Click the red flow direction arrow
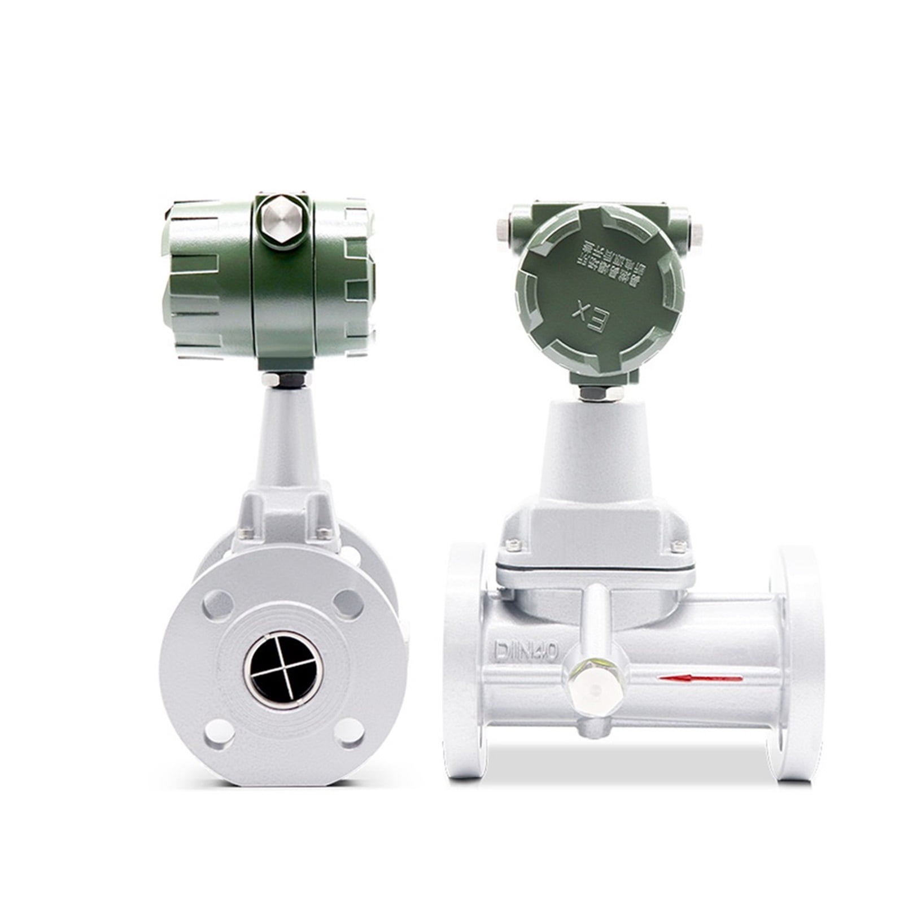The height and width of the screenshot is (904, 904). click(701, 678)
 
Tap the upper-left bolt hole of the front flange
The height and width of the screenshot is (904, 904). click(217, 604)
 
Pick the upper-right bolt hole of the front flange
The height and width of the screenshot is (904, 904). click(348, 603)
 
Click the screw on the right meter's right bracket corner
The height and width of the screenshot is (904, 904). click(678, 544)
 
